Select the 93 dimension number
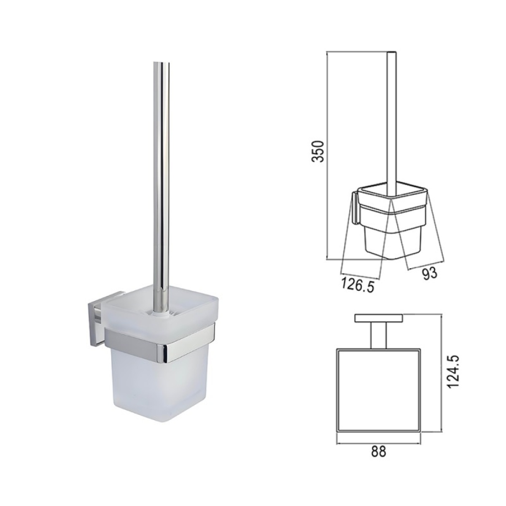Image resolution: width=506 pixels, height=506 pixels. point(430,273)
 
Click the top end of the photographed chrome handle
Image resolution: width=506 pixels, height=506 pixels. point(161,62)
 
